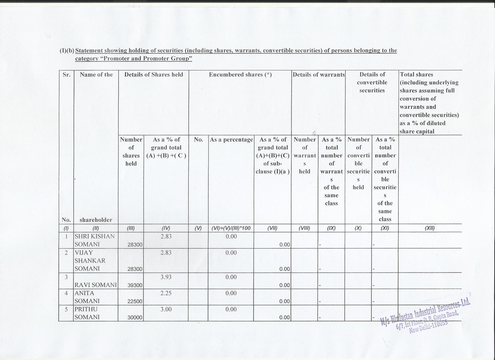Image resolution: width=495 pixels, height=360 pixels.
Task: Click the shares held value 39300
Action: click(x=135, y=285)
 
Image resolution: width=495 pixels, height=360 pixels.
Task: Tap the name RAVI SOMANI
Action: click(x=95, y=285)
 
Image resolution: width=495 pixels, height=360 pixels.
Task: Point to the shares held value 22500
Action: click(x=135, y=301)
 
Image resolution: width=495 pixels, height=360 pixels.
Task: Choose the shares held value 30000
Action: click(x=135, y=317)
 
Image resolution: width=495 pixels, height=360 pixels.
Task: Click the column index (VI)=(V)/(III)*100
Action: click(x=231, y=228)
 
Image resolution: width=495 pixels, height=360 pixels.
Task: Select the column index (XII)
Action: click(x=430, y=228)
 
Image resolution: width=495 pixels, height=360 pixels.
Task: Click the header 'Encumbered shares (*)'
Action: click(x=240, y=74)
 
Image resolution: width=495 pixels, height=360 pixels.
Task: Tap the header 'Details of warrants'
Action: click(x=319, y=74)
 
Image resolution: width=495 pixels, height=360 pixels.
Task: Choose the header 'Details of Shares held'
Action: click(x=153, y=74)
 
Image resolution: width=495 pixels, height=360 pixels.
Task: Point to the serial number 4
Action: click(x=67, y=293)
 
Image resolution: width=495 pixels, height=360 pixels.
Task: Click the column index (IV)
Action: click(x=166, y=228)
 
